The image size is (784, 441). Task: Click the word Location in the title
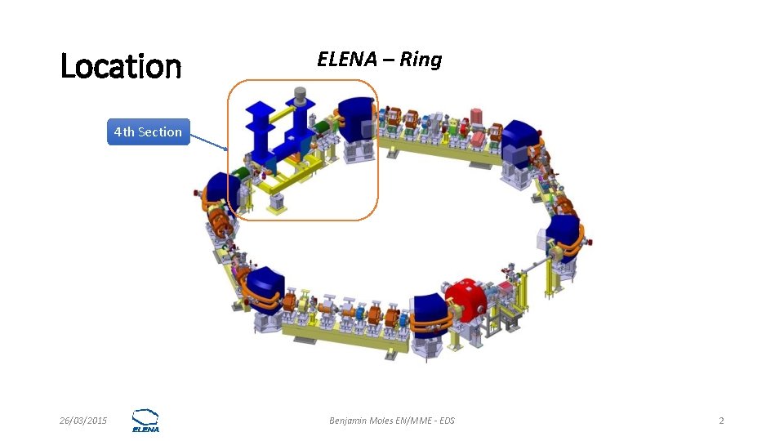pyautogui.click(x=121, y=66)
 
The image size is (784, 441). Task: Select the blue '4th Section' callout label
pyautogui.click(x=148, y=131)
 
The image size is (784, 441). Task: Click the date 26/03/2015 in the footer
pyautogui.click(x=83, y=421)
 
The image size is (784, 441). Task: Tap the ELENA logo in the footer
pyautogui.click(x=145, y=420)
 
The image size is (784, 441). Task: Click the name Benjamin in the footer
pyautogui.click(x=350, y=421)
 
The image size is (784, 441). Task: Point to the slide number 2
pyautogui.click(x=721, y=421)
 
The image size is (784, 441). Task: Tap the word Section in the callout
pyautogui.click(x=160, y=131)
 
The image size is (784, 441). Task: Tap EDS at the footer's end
pyautogui.click(x=447, y=421)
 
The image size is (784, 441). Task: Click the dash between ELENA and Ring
pyautogui.click(x=388, y=60)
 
